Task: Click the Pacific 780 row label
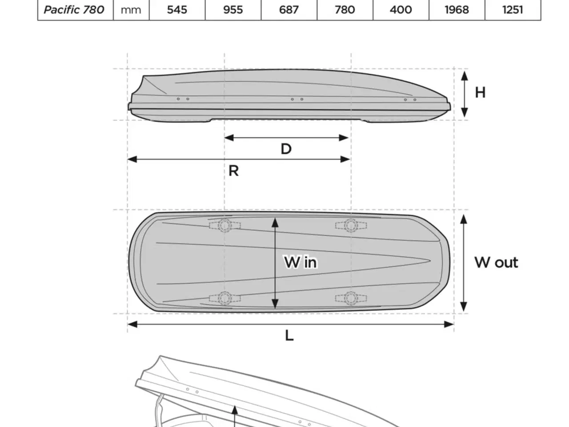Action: pyautogui.click(x=74, y=10)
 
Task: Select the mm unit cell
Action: pyautogui.click(x=131, y=10)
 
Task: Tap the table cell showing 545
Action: pyautogui.click(x=177, y=10)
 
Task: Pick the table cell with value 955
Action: pyautogui.click(x=233, y=10)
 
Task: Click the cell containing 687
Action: pyautogui.click(x=289, y=10)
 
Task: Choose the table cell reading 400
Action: pyautogui.click(x=401, y=10)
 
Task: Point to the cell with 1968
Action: pyautogui.click(x=457, y=10)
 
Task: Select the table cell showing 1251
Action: pyautogui.click(x=513, y=10)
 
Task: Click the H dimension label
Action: pyautogui.click(x=480, y=93)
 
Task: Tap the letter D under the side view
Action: pyautogui.click(x=286, y=149)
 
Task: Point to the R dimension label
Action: pyautogui.click(x=233, y=171)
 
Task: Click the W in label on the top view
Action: pyautogui.click(x=301, y=262)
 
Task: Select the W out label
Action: pyautogui.click(x=496, y=262)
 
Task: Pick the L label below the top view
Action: pyautogui.click(x=289, y=335)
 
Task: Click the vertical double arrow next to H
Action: pyautogui.click(x=465, y=94)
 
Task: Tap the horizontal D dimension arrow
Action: pyautogui.click(x=286, y=138)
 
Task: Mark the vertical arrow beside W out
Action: pyautogui.click(x=464, y=263)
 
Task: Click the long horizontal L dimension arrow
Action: pyautogui.click(x=291, y=324)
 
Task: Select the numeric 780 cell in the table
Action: pyautogui.click(x=345, y=10)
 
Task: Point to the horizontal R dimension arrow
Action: pyautogui.click(x=239, y=159)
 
